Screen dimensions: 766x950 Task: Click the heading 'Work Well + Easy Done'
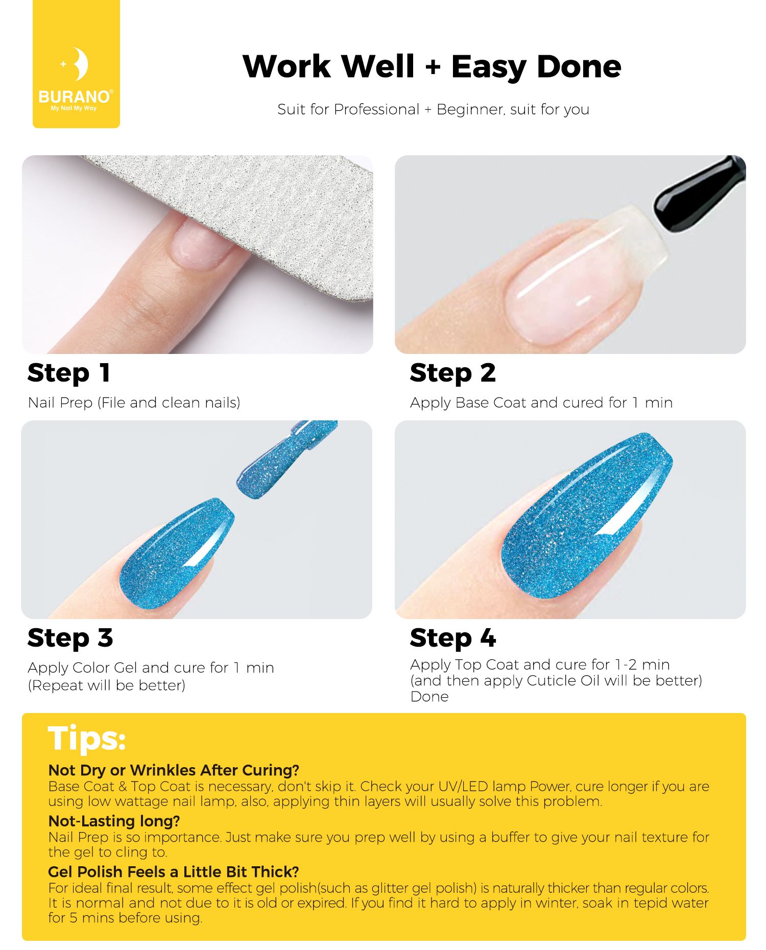[x=432, y=66]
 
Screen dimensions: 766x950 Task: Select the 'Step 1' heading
[x=68, y=373]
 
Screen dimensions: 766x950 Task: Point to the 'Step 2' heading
[x=452, y=373]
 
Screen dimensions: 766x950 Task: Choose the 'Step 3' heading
[x=70, y=638]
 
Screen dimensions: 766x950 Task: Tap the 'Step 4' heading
[x=452, y=638]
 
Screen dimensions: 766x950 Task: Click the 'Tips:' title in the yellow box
[x=87, y=739]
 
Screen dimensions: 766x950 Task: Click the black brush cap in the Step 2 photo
[x=700, y=194]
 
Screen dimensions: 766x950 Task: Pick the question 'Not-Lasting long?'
[x=114, y=821]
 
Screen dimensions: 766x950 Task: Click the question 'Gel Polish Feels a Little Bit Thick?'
[x=174, y=871]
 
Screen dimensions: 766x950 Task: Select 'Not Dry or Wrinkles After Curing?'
[x=174, y=770]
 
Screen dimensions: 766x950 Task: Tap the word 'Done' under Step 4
[x=429, y=697]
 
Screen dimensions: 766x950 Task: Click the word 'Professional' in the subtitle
[x=376, y=109]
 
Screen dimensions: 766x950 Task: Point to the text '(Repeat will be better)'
[x=107, y=685]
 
